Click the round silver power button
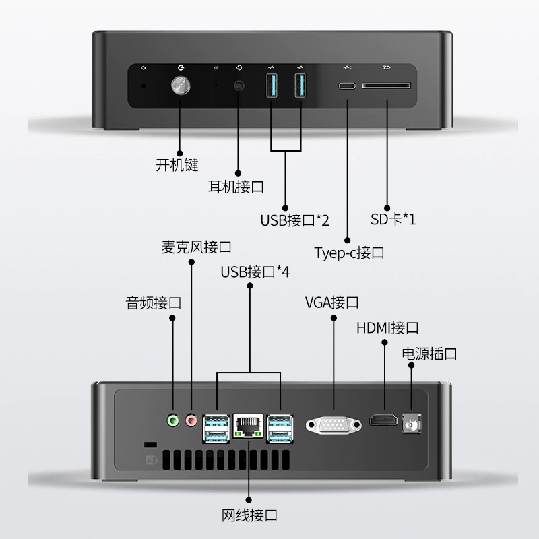[181, 86]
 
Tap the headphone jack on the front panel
[239, 86]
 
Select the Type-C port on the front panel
[347, 86]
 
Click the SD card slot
[386, 86]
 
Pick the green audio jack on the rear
[173, 420]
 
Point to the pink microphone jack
[191, 420]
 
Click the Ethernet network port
[248, 426]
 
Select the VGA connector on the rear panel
[334, 425]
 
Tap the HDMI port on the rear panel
[383, 420]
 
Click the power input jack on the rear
[412, 424]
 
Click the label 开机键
[177, 165]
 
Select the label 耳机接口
[236, 187]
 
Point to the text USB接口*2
[294, 220]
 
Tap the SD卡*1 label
[393, 219]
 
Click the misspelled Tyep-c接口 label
[349, 253]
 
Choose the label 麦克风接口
[196, 247]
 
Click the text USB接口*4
[255, 272]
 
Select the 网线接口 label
[249, 515]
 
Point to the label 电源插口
[429, 354]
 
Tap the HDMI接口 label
[387, 328]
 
